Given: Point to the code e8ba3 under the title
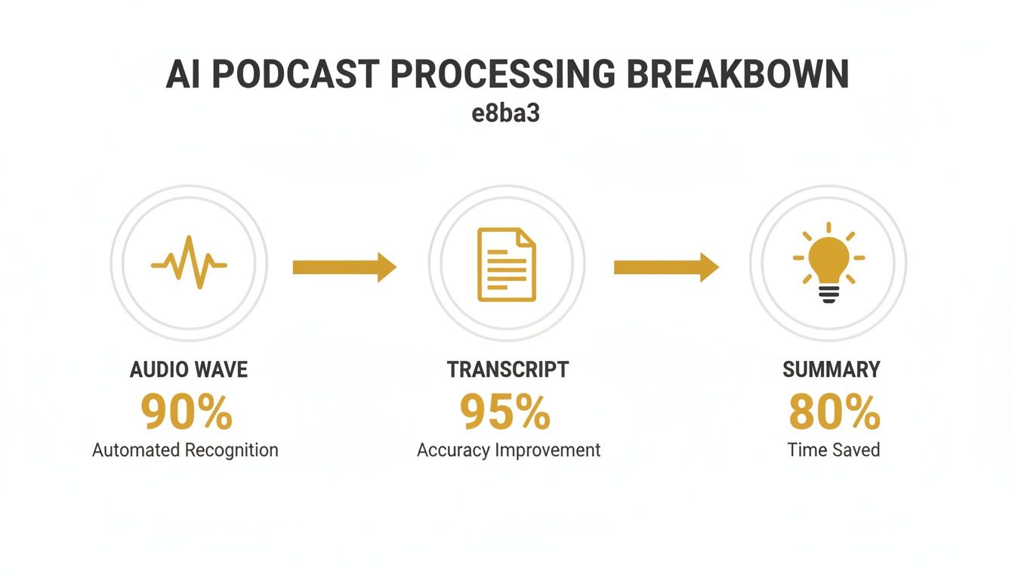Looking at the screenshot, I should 507,116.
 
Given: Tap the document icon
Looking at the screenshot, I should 507,264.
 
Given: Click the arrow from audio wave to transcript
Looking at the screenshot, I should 344,267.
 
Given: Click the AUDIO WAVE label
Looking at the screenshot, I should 189,369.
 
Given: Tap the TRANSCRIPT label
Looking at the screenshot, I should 507,369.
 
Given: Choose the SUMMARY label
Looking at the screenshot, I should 831,369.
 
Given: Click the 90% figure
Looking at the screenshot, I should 187,412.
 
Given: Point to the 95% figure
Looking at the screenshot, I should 505,412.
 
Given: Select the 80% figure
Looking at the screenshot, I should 835,412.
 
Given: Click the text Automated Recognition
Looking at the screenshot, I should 185,450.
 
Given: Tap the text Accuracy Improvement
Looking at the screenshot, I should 508,450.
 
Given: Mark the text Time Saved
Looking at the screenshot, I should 834,450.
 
